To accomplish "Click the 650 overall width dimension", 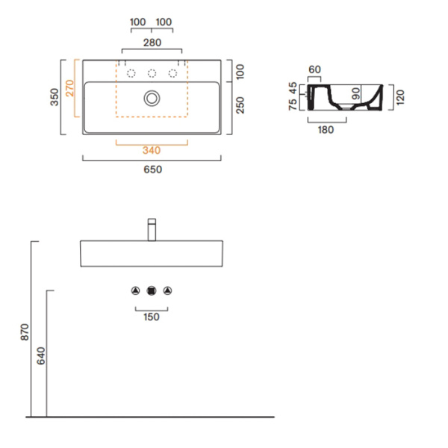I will point(152,169).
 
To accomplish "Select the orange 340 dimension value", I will point(152,151).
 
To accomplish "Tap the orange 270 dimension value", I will point(69,89).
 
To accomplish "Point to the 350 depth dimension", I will point(55,98).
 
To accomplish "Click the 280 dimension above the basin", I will point(152,43).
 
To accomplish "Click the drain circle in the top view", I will point(152,97).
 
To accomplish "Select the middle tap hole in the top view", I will point(152,73).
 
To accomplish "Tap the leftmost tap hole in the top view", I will point(131,73).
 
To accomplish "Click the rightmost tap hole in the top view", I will point(172,73).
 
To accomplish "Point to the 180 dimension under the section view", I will point(326,129).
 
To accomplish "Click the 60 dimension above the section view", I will point(314,69).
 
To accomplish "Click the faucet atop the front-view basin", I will point(152,228).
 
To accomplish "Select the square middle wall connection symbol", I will point(152,290).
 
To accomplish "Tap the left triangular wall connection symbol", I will point(136,290).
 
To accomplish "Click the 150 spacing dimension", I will point(152,317).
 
